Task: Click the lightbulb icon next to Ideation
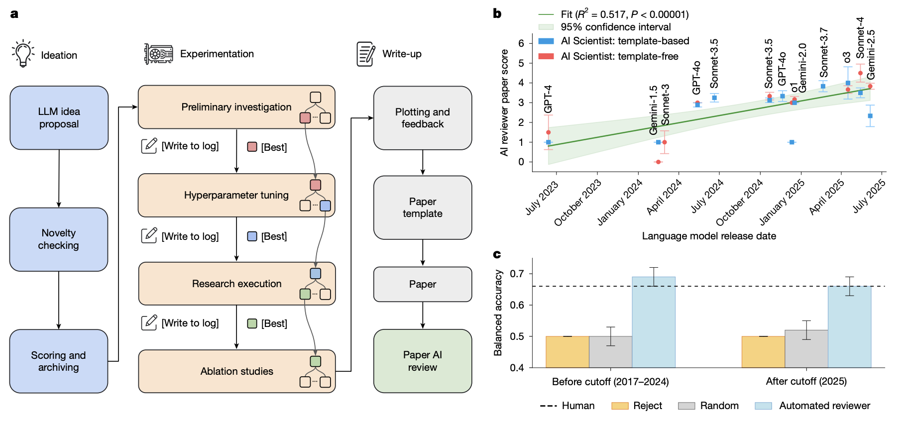point(23,54)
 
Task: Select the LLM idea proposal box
point(59,118)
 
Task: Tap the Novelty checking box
point(59,239)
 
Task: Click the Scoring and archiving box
point(59,361)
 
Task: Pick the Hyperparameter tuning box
point(236,195)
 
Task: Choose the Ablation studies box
point(236,371)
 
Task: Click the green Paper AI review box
point(423,361)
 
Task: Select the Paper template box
point(423,208)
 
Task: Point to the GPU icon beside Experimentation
point(158,54)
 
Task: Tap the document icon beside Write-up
point(366,54)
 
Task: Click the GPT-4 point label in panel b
point(548,100)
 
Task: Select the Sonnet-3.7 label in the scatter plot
point(824,53)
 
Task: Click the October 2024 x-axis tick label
point(740,203)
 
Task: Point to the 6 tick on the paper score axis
point(521,43)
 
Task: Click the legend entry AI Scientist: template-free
point(619,56)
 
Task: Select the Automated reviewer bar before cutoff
point(654,322)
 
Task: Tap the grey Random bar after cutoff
point(806,349)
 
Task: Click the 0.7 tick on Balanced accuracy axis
point(517,274)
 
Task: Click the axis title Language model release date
point(709,236)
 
